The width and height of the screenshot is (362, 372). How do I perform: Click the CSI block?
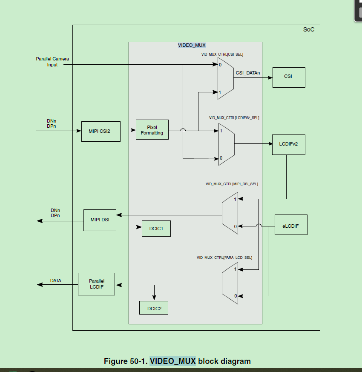point(288,77)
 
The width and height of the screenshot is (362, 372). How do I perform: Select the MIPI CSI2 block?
point(101,131)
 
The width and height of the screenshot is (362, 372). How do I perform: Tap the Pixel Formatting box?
point(152,130)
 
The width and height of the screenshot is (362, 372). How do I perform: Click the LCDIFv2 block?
point(288,144)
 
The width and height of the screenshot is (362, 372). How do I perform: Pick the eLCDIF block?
point(290,226)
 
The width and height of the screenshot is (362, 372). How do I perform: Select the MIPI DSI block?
point(100,220)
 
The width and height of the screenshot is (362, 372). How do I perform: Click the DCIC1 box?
point(156,229)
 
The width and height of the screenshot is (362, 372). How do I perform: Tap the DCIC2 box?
point(154,308)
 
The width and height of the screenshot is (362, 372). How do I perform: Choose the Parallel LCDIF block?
point(97,284)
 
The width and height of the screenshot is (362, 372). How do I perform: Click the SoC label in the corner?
point(309,30)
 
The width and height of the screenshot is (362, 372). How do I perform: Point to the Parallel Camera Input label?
point(52,62)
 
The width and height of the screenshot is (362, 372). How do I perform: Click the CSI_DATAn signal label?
point(248,73)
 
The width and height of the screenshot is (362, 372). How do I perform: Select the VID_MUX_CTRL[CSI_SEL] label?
point(222,54)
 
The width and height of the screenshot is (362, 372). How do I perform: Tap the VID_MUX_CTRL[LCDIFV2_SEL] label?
point(234,117)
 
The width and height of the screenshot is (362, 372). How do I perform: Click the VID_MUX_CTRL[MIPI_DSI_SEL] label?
point(232,184)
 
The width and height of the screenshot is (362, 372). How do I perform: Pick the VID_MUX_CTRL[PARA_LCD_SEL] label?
point(224,258)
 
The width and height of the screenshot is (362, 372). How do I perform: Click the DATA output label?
point(56,280)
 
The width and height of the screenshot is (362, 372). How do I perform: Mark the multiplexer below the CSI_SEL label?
point(225,78)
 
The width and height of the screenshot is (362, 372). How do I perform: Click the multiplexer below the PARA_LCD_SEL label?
point(230,283)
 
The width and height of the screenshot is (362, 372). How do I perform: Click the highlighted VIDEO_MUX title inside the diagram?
point(192,45)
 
